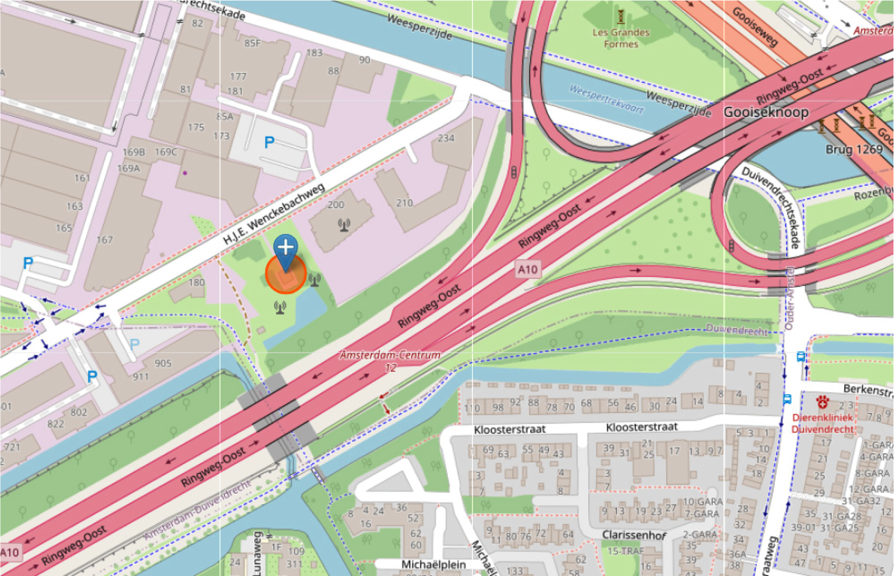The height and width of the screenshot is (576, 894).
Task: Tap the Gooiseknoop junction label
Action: point(766,112)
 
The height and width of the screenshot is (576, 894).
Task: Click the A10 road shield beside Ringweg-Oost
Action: point(527,270)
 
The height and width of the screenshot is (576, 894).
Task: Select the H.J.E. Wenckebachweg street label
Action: point(274,214)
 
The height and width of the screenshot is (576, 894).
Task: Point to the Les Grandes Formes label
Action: point(621,38)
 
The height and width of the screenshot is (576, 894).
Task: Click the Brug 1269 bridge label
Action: point(854,149)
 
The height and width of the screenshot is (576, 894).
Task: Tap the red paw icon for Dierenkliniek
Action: point(822,401)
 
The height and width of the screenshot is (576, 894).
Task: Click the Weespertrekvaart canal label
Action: point(606,99)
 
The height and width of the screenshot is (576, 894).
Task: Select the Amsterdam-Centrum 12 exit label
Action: point(390,360)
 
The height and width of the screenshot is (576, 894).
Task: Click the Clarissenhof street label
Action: point(634,535)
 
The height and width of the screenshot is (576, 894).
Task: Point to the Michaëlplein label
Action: point(433,564)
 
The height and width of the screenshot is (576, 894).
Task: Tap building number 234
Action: point(446,138)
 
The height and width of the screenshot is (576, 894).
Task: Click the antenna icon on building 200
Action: point(344,225)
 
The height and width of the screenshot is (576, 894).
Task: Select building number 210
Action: point(404,203)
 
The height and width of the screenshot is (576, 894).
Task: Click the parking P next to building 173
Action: point(269,142)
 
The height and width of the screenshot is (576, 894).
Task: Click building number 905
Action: point(163,363)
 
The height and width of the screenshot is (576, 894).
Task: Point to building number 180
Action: point(196,282)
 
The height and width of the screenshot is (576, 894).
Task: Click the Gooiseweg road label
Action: point(755,26)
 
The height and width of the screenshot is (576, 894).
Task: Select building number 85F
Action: point(252,43)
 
